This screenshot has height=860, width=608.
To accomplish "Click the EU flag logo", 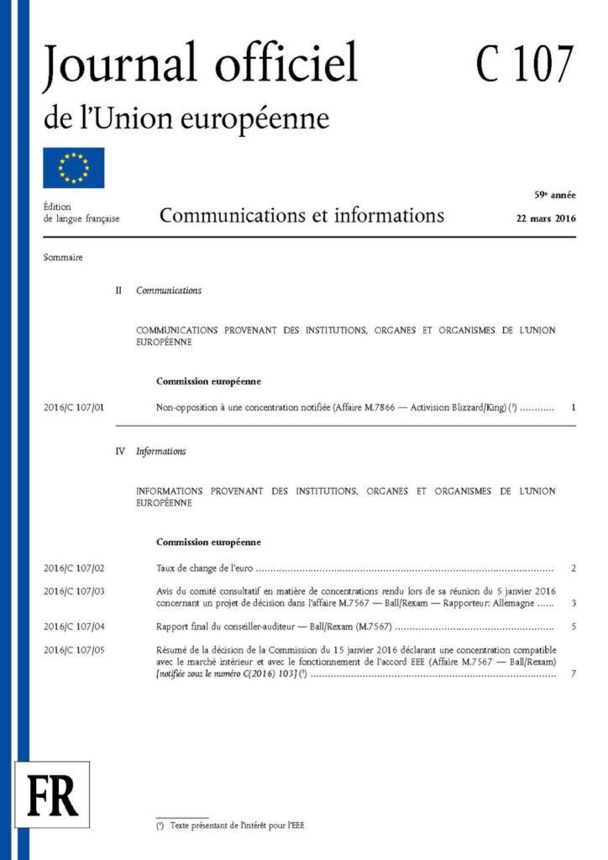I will (x=74, y=167).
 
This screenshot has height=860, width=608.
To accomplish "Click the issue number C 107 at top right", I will (x=525, y=65).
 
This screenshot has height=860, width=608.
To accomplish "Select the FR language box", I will (x=52, y=794).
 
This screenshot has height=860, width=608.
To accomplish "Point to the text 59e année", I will (x=555, y=195).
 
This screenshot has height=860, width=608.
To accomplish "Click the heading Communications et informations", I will (x=301, y=216).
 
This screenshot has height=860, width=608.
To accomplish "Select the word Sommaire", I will (x=63, y=257).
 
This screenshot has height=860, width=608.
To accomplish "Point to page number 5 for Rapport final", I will (x=573, y=627).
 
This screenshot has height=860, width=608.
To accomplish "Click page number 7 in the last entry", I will (x=573, y=674).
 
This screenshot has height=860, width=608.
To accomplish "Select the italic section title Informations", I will (x=161, y=451).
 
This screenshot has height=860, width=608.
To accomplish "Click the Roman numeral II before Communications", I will (x=118, y=291).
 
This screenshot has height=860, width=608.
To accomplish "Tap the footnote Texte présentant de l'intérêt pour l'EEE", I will (x=237, y=826).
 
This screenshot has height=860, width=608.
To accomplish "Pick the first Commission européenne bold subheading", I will (x=208, y=381).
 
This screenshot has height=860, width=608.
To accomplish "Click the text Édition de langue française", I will (x=81, y=212).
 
